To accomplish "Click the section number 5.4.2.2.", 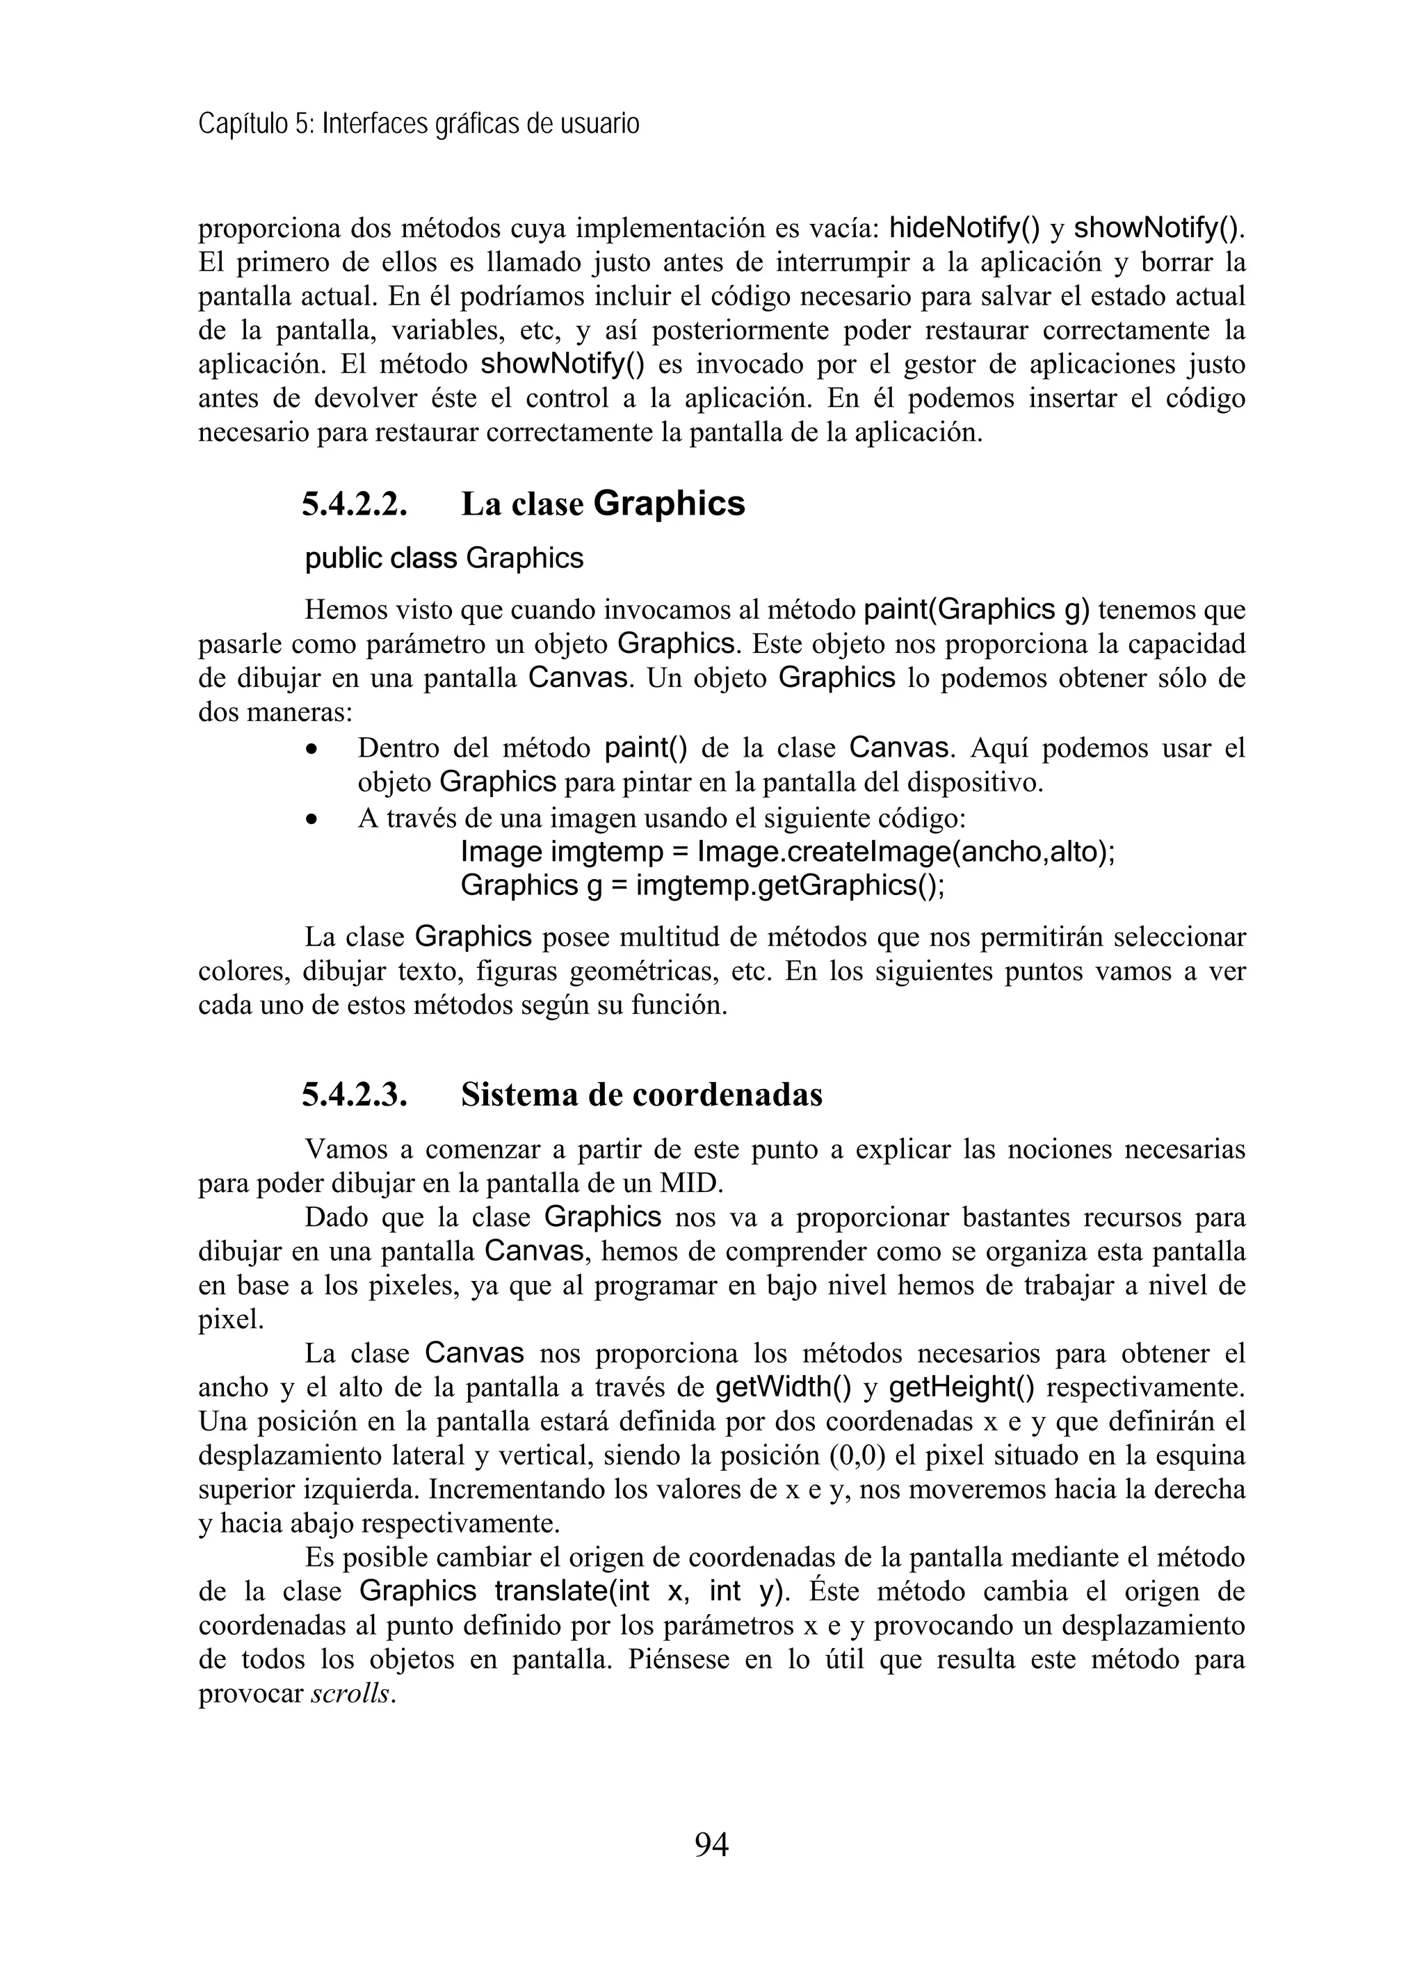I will [x=354, y=504].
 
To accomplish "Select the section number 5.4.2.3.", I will [x=354, y=1095].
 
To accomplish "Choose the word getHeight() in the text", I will [x=962, y=1387].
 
